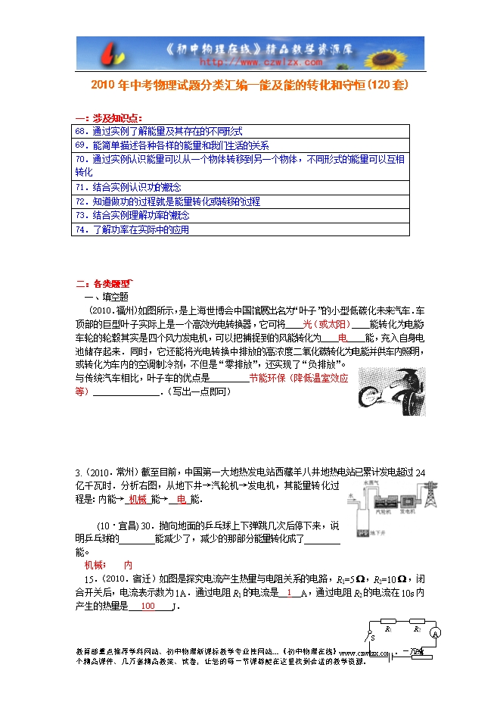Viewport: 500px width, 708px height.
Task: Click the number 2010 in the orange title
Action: [104, 86]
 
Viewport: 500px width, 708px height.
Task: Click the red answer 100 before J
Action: [148, 607]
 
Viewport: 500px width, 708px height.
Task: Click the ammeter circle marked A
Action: [436, 632]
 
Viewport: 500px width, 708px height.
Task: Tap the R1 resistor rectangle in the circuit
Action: [387, 628]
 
